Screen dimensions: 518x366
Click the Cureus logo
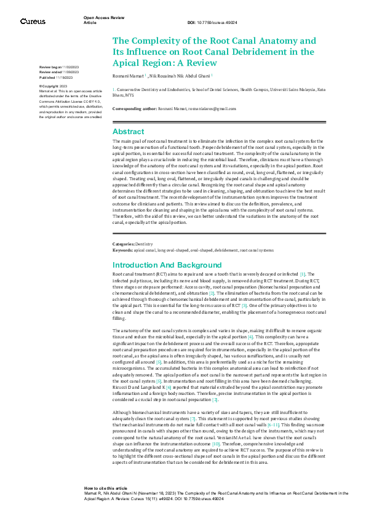[33, 21]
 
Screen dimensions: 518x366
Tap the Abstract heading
[128, 131]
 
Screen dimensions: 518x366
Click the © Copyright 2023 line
[54, 86]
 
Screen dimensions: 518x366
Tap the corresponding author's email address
[213, 109]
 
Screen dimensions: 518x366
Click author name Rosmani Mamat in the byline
[128, 76]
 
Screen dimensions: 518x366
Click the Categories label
[123, 245]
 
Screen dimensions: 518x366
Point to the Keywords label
[122, 250]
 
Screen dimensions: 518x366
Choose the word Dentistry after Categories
[144, 245]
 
